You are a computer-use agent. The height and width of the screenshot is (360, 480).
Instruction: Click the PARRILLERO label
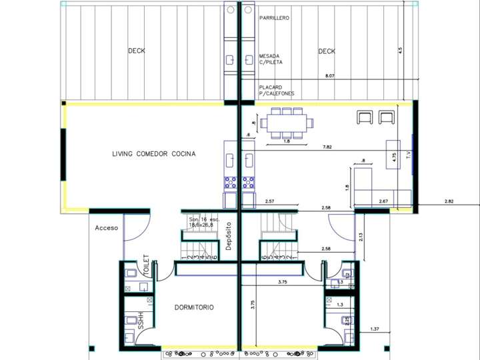coord(274,18)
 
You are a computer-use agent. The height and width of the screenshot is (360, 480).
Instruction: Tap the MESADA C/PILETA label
coord(271,59)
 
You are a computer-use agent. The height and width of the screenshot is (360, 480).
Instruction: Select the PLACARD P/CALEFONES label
coord(277,90)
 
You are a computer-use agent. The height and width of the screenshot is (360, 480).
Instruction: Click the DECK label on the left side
coord(137,51)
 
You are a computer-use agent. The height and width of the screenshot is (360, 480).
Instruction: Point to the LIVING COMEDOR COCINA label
coord(154,154)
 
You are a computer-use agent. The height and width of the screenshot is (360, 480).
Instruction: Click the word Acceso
coord(106,228)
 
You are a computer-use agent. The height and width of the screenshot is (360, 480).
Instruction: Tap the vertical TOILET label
coord(145,264)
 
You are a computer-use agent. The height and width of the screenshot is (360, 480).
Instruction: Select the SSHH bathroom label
coord(141,321)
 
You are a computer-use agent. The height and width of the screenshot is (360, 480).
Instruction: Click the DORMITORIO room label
coord(194,307)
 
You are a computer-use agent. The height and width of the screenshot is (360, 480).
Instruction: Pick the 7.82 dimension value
coord(327,146)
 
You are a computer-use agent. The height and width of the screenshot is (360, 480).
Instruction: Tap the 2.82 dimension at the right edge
coord(449,201)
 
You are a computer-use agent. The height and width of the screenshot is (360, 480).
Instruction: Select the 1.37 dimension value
coord(374,329)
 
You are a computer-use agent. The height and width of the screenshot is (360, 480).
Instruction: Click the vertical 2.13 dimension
coord(361,235)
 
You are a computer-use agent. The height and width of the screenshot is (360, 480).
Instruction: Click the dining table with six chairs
coord(287,123)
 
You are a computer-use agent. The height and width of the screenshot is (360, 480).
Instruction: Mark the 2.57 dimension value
coord(270,201)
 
